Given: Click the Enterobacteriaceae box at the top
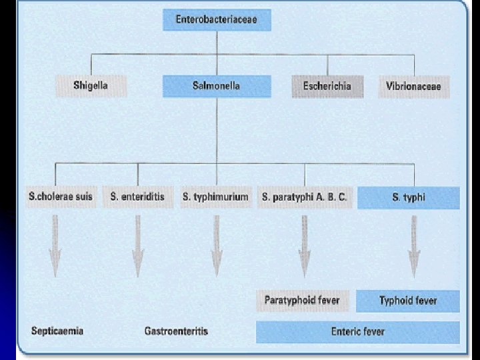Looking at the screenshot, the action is [216, 20].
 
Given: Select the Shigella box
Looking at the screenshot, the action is [91, 86].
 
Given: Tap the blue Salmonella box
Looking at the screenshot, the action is [217, 86].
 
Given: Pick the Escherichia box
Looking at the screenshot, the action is [327, 86].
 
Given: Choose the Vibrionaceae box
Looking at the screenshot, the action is [413, 86].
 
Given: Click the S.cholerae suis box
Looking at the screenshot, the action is [61, 197].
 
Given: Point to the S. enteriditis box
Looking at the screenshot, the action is [137, 197].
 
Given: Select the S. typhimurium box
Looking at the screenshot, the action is [215, 197].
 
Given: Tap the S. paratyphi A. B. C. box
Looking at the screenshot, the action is [305, 197].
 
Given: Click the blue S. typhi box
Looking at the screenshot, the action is [409, 197].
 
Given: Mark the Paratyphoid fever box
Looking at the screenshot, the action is [302, 300].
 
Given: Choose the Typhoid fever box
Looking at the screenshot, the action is [408, 301].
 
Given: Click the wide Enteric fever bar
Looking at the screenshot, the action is [358, 331].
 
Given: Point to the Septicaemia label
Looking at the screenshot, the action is [57, 331].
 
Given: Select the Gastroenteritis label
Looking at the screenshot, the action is [176, 331].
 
